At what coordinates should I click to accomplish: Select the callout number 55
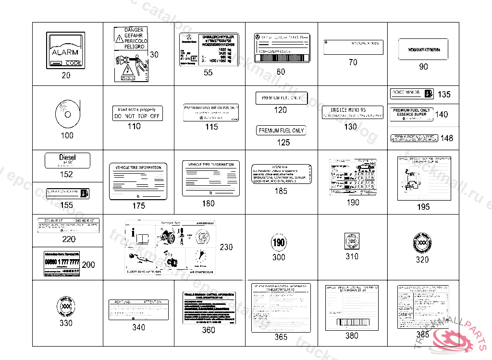pyautogui.click(x=208, y=73)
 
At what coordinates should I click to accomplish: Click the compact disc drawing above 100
pyautogui.click(x=67, y=114)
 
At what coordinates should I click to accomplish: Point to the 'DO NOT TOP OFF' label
pyautogui.click(x=137, y=113)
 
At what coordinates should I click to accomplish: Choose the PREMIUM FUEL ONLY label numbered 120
pyautogui.click(x=281, y=98)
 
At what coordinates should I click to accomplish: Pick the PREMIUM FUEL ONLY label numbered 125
pyautogui.click(x=282, y=131)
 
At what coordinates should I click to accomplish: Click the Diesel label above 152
pyautogui.click(x=67, y=160)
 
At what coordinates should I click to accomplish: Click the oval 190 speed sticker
pyautogui.click(x=279, y=242)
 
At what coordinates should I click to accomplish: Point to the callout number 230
pyautogui.click(x=226, y=247)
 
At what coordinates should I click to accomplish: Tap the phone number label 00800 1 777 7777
pyautogui.click(x=61, y=264)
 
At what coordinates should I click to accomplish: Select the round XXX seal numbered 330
pyautogui.click(x=66, y=306)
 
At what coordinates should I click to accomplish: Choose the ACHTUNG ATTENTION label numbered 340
pyautogui.click(x=138, y=310)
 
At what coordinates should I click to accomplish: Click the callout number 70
pyautogui.click(x=353, y=62)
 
